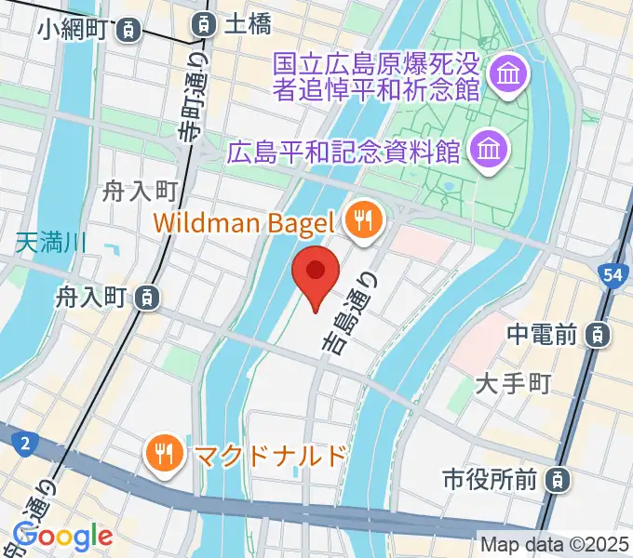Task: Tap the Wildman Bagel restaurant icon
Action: point(359,220)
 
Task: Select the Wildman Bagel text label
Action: point(243,222)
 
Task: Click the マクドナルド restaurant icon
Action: point(167,454)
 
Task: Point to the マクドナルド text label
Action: point(270,455)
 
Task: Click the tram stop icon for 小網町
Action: point(130,30)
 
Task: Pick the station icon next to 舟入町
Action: point(144,298)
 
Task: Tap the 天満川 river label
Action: point(51,245)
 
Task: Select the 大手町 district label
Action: point(514,382)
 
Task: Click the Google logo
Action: point(62,536)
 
